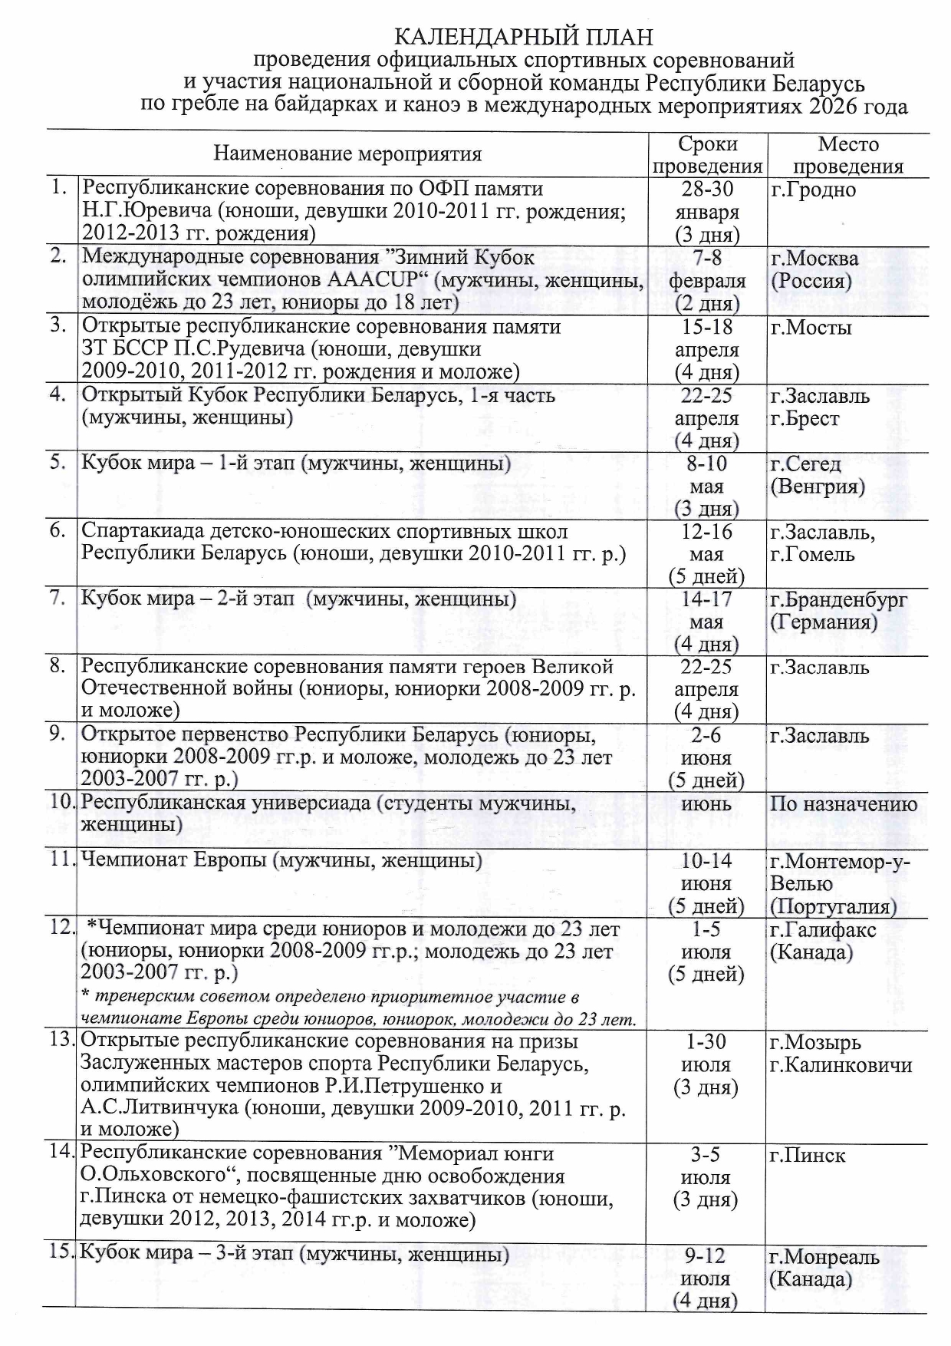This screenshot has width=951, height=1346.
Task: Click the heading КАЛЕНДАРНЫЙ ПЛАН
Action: tap(524, 37)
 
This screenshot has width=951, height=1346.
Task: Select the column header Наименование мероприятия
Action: tap(347, 154)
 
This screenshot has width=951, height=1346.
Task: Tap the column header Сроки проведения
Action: tap(707, 155)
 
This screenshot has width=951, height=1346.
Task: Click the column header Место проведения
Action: tap(847, 155)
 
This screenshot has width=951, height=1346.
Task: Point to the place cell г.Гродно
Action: tap(813, 190)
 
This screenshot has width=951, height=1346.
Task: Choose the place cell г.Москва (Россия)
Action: tap(814, 269)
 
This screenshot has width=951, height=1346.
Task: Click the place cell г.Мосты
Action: tap(811, 328)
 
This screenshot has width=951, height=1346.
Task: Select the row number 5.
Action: tap(58, 463)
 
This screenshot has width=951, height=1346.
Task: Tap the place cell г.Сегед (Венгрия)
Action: tap(817, 475)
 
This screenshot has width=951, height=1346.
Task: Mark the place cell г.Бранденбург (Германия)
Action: tap(837, 611)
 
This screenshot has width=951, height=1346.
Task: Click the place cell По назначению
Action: tap(844, 804)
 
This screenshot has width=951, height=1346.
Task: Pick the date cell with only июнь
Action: tap(706, 804)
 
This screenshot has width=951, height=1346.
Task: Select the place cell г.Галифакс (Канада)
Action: tap(822, 942)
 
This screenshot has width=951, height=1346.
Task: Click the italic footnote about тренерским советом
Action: tap(358, 1008)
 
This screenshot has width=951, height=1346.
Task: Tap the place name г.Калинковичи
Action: tap(841, 1065)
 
